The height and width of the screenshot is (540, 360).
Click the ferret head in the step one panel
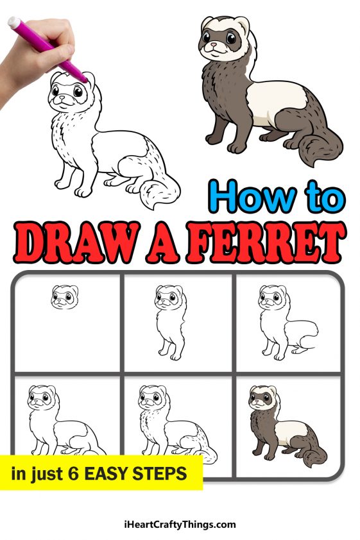coord(65,298)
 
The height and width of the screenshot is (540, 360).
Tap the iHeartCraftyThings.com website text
coord(180,525)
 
